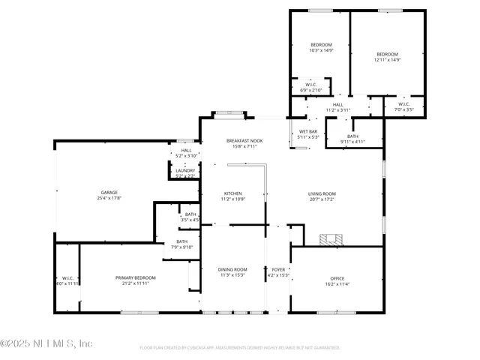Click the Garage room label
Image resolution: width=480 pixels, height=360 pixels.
(109, 195)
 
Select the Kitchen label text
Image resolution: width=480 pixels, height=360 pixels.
(232, 196)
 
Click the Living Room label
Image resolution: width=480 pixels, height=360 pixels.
(322, 196)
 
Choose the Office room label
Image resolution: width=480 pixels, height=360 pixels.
(337, 280)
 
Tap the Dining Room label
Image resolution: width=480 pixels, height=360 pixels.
(232, 272)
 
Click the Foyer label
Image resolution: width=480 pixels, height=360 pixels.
(278, 272)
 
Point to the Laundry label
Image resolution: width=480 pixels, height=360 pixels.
(185, 172)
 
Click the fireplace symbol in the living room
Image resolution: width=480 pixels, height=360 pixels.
(330, 240)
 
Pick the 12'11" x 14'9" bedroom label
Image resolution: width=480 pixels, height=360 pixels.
(387, 56)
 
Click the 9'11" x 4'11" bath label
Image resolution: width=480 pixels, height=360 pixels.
(352, 139)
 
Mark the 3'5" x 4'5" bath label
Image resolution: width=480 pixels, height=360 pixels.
(190, 217)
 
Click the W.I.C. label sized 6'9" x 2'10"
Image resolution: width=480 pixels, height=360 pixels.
(310, 87)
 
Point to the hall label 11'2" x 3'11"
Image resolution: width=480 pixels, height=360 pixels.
(337, 107)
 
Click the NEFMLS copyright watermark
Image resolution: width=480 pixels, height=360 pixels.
(46, 343)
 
